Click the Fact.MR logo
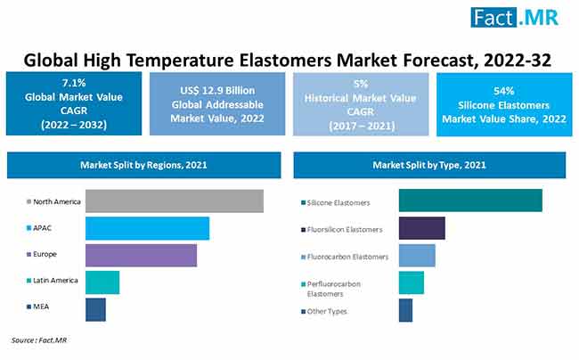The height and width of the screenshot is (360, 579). [514, 17]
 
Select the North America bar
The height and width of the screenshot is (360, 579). [175, 200]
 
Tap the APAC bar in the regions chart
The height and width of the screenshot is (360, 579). [147, 228]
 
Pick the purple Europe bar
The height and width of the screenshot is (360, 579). [141, 255]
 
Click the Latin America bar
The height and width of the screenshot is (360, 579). [102, 282]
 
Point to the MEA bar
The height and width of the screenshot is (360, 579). [95, 309]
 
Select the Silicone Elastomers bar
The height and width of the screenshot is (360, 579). [470, 200]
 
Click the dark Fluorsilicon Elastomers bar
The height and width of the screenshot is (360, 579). [421, 228]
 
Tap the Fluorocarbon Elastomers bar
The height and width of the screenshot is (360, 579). [417, 255]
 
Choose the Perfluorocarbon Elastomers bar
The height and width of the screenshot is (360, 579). [412, 282]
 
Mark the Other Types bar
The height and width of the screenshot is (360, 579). [405, 310]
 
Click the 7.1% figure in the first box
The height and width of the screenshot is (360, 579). [74, 83]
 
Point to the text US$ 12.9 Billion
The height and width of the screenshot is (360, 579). [217, 91]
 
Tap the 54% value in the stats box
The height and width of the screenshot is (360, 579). [504, 91]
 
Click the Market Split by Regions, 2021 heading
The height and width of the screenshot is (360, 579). [143, 165]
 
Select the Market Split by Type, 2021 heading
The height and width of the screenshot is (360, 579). [429, 165]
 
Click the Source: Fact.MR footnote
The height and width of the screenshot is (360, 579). [39, 340]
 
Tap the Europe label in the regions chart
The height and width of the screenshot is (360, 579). [45, 254]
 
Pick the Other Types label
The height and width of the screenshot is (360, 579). [327, 311]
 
